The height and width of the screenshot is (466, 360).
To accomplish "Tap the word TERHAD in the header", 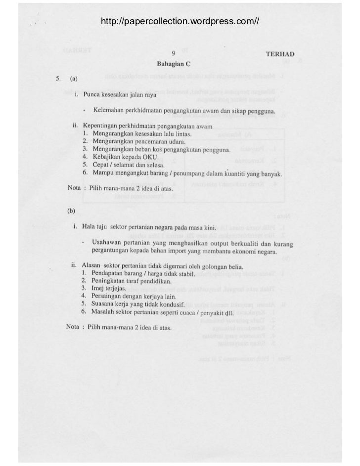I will [280, 54].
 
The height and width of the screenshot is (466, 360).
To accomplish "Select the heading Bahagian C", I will [173, 64].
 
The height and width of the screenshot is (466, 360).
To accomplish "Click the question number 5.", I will [57, 78].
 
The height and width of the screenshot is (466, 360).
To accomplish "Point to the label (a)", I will [73, 78].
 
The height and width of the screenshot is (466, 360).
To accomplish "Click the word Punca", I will [92, 94].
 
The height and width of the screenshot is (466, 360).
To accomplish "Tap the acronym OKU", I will [149, 157].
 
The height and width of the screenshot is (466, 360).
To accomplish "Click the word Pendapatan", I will [109, 273].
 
